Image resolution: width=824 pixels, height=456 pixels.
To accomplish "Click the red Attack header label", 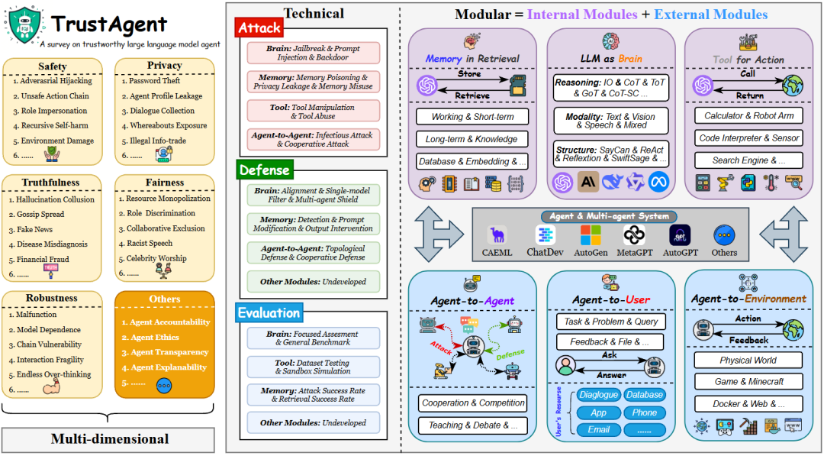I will pos(259,28).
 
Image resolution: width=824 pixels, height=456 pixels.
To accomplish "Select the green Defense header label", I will pos(264,170).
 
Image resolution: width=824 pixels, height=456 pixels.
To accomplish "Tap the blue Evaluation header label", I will pos(269,312).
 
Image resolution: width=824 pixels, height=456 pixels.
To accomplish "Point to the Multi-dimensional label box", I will pos(109,439).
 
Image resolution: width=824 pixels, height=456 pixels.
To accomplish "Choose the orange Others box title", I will pos(165,299).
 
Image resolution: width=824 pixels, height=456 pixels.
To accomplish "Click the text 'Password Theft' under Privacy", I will pos(155,81).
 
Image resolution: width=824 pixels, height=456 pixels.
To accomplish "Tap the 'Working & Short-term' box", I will pos(473,117).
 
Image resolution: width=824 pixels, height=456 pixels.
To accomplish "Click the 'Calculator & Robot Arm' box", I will pos(748,116).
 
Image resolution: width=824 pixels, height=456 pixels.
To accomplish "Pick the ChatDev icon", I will pos(545,235).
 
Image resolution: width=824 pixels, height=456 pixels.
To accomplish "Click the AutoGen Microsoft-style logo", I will pos(590,234).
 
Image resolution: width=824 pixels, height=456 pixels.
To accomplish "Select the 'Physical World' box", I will pos(748,360).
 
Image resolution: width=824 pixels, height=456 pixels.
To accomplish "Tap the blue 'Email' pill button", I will pos(598,430).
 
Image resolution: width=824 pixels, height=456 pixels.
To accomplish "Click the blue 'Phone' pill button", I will pos(644,412).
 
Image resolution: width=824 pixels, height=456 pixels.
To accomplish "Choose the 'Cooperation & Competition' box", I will pos(472,403).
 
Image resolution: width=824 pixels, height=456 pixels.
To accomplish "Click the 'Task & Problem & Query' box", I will pos(610,322).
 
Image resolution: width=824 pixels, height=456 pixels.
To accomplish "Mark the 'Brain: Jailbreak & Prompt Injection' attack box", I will pos(314,52).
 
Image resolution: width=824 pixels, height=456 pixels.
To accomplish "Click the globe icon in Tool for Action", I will pos(793,86).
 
